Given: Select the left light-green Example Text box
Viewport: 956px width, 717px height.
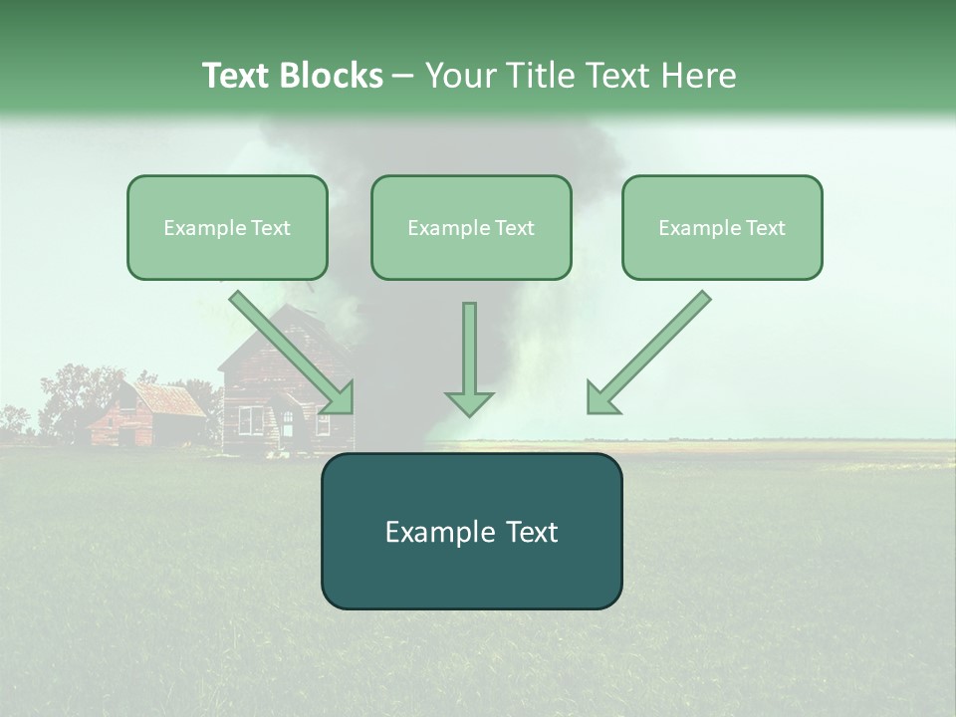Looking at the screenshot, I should click(x=227, y=228).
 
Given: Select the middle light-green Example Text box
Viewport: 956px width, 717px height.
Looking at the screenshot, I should click(x=471, y=228).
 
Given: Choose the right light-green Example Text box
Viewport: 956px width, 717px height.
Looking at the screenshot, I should click(x=722, y=228).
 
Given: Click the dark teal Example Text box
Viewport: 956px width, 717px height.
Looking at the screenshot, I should click(x=471, y=532).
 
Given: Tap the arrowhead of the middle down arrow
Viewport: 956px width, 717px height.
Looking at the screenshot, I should click(x=469, y=402).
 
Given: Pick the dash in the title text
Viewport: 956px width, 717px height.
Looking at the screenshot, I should click(x=403, y=76).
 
